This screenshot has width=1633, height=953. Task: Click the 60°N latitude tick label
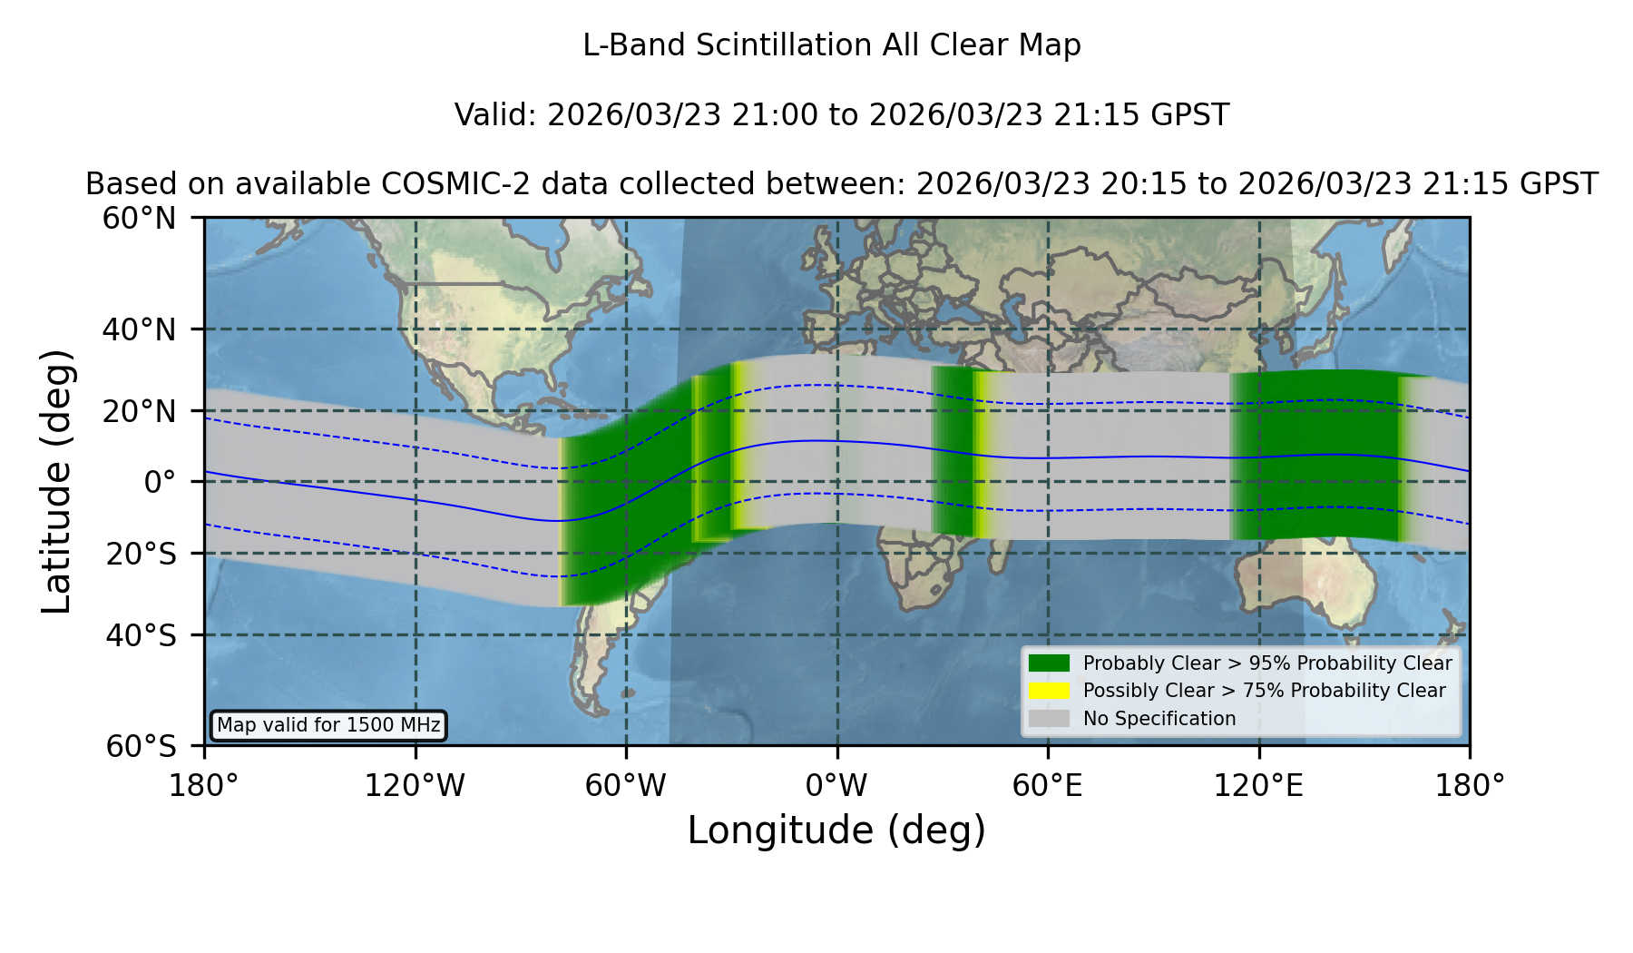tap(140, 218)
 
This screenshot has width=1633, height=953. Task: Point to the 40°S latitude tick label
tap(141, 635)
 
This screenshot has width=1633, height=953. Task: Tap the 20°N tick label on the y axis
tap(140, 411)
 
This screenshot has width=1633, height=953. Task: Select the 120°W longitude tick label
tap(415, 785)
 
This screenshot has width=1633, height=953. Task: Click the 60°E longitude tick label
tap(1048, 785)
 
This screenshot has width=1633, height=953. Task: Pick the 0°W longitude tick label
tap(836, 785)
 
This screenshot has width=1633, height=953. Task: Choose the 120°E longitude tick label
tap(1258, 785)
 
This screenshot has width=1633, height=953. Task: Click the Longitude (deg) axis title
tap(836, 830)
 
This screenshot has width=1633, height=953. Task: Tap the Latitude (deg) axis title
tap(56, 481)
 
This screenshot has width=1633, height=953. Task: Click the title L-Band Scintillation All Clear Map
tap(832, 45)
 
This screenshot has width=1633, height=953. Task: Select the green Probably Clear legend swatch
tap(1049, 663)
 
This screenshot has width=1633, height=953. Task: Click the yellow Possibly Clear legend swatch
tap(1049, 691)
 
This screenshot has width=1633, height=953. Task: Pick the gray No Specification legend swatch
tap(1049, 719)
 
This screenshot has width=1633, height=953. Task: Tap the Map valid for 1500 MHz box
tap(328, 725)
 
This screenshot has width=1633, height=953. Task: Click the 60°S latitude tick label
tap(141, 746)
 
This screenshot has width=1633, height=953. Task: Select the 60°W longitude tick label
tap(626, 785)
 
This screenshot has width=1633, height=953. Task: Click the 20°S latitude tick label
tap(141, 553)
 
